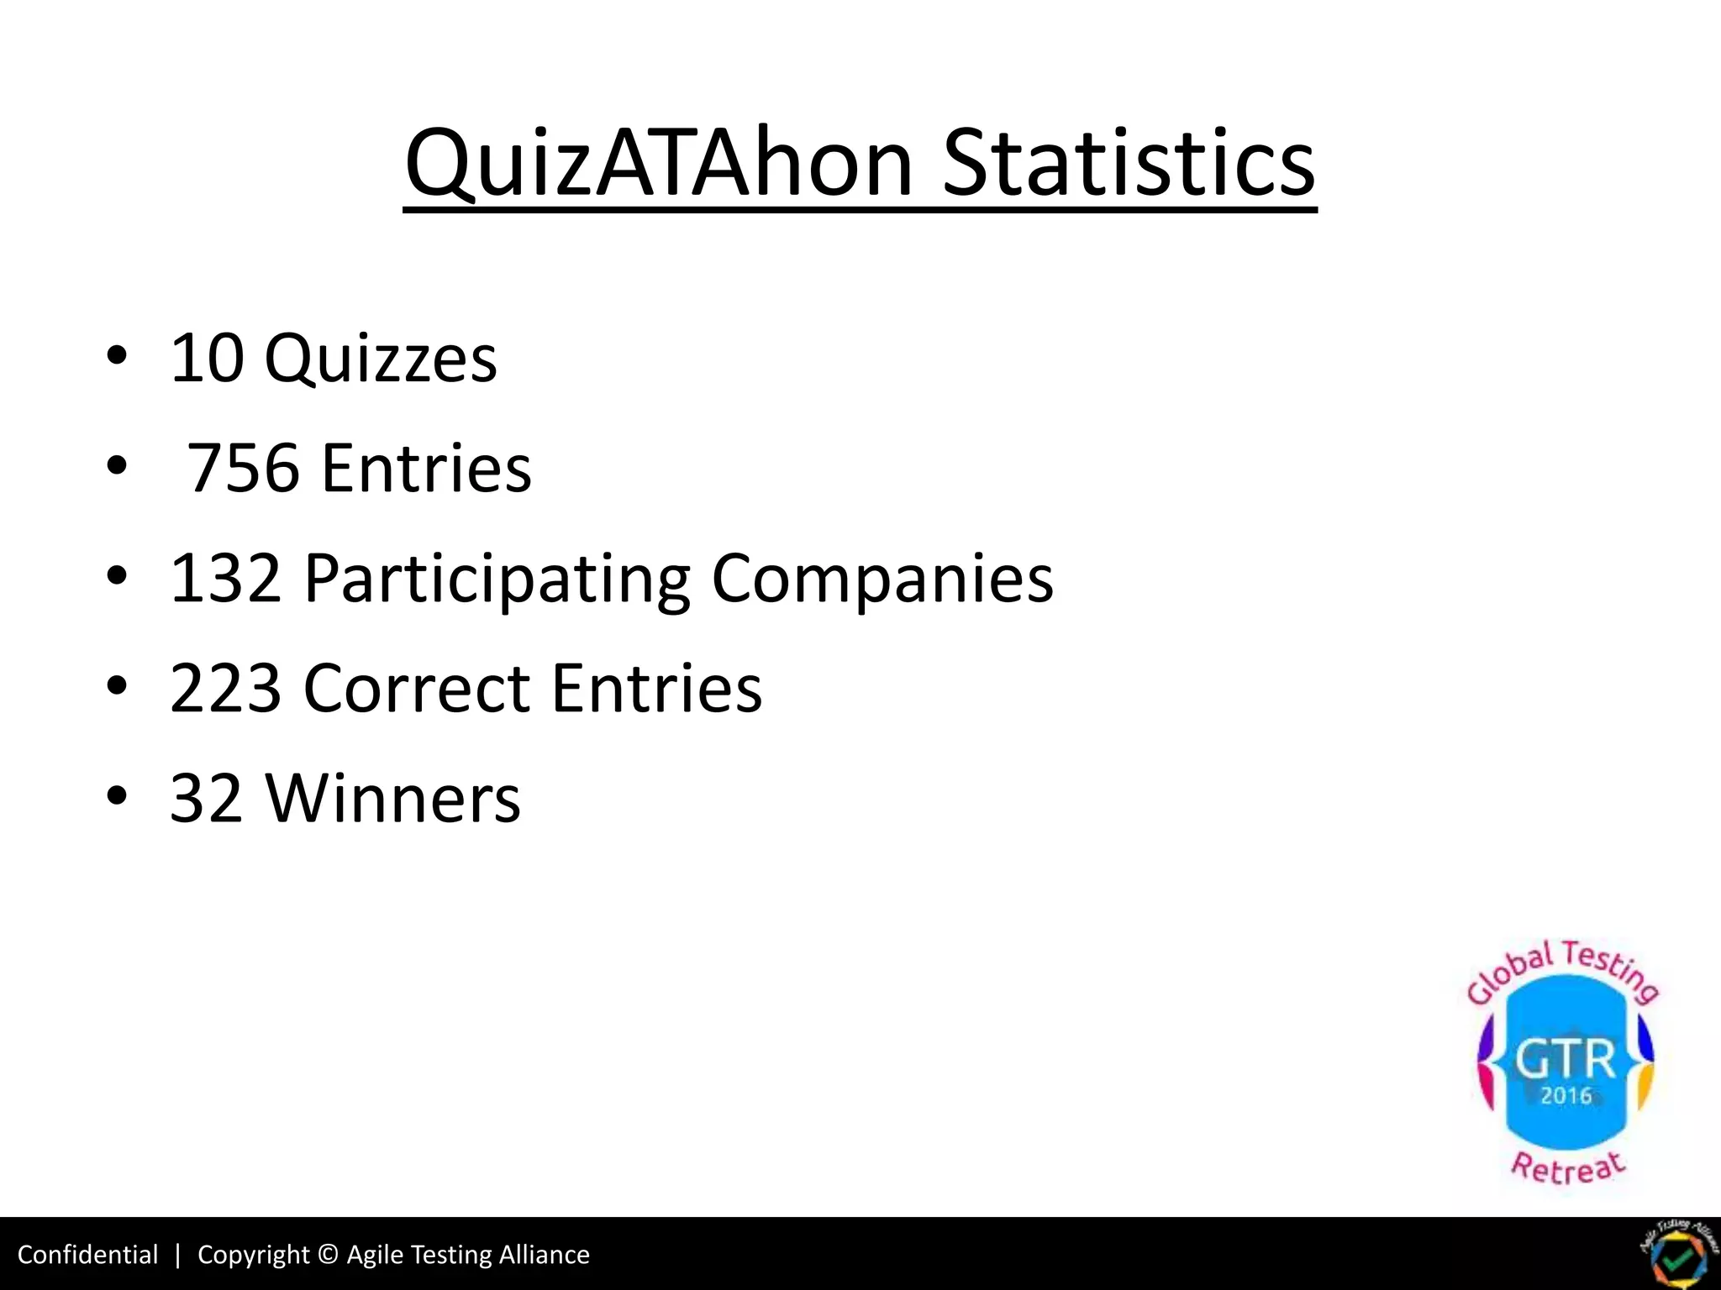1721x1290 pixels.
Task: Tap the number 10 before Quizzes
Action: (207, 359)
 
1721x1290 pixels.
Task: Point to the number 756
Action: (242, 468)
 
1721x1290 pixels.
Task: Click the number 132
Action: (225, 578)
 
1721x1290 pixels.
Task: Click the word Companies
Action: (882, 579)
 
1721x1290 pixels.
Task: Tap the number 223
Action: (225, 688)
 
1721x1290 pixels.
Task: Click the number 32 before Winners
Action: (207, 798)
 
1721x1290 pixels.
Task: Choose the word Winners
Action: (392, 798)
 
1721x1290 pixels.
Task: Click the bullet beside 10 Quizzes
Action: (117, 355)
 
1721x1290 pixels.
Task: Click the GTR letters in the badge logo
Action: (1566, 1060)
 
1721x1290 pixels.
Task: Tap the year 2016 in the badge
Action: (1566, 1096)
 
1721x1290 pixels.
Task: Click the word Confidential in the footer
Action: (87, 1255)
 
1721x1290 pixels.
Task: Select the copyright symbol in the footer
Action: (329, 1255)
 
